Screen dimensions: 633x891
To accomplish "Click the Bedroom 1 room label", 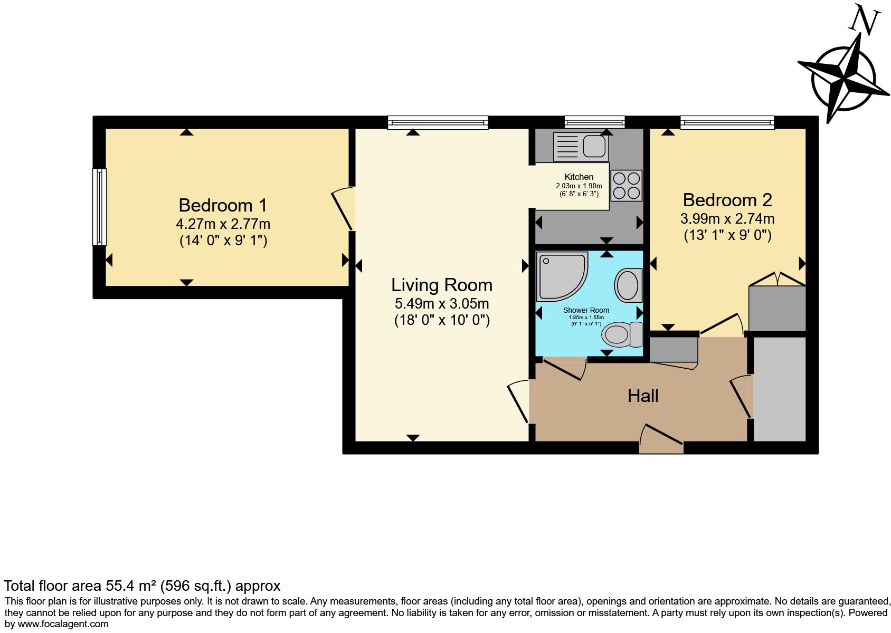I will click(x=223, y=205).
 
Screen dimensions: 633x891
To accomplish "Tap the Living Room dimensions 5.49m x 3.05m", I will click(x=442, y=303).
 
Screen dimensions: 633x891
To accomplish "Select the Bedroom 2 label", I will click(x=727, y=200).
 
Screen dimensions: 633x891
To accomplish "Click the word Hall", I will click(x=642, y=396).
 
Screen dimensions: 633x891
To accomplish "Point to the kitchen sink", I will click(x=581, y=146).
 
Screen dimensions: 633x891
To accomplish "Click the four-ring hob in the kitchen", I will click(x=627, y=186).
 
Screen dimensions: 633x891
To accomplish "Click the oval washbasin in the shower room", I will click(x=628, y=285).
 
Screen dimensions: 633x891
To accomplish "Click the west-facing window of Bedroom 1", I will click(x=99, y=207).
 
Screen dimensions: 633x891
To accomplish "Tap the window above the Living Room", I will click(x=438, y=123).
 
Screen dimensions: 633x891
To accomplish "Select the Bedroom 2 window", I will click(x=727, y=123).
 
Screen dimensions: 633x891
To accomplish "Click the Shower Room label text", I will click(x=586, y=310).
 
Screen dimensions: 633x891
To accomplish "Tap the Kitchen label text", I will click(x=579, y=177).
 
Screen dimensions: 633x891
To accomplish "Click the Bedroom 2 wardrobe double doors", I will click(x=777, y=279).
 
